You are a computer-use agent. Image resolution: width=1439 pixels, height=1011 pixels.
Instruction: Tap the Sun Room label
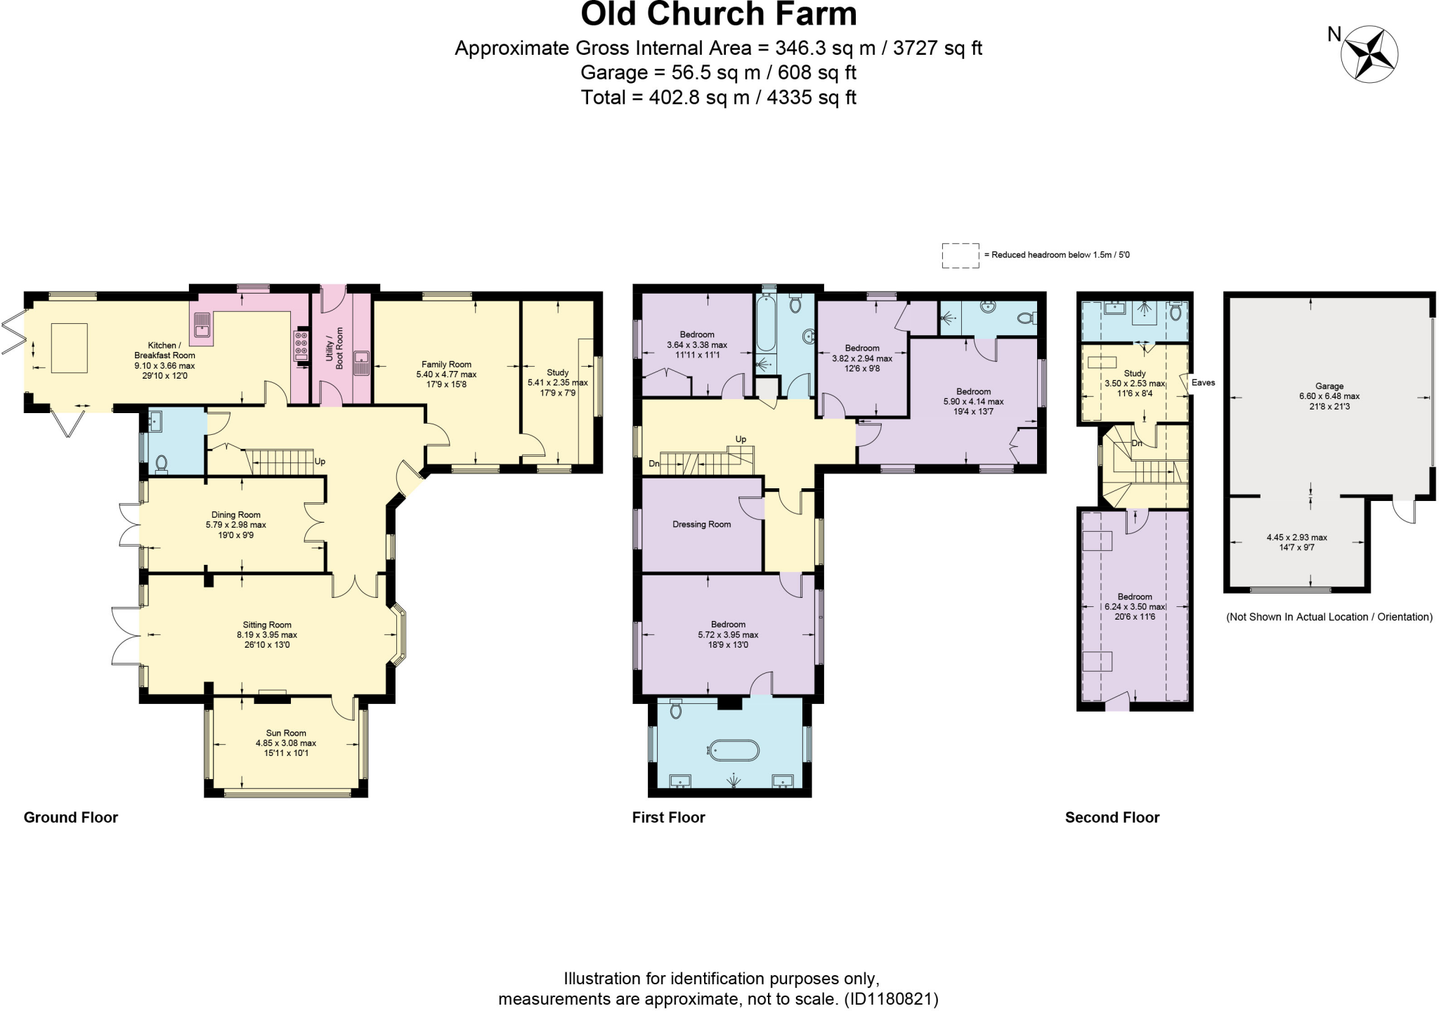point(286,733)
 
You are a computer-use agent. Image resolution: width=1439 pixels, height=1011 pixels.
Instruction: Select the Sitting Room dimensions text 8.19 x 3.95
point(267,635)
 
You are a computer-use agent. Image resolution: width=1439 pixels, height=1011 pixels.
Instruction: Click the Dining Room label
point(236,515)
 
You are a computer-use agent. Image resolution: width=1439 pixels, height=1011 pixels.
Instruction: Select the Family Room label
point(446,365)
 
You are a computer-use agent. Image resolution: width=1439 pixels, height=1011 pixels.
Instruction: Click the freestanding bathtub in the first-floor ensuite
point(734,750)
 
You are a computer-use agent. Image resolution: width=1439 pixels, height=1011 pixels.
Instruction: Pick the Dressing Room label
point(701,525)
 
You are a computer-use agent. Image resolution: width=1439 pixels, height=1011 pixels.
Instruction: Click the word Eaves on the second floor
point(1203,383)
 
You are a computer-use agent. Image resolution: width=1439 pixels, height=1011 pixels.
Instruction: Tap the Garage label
point(1329,386)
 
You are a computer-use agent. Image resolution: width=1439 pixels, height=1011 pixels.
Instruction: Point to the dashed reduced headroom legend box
point(961,256)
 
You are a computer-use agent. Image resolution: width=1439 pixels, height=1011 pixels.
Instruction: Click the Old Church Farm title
point(719,15)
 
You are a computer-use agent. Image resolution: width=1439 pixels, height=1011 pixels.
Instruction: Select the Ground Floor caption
point(71,817)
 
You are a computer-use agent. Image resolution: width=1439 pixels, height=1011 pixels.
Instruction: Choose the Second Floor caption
point(1112,817)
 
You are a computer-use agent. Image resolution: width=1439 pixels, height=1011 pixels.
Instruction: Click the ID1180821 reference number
point(891,999)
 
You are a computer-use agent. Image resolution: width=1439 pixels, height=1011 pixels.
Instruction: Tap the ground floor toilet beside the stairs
point(162,463)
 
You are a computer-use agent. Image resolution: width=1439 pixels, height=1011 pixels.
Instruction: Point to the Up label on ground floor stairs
point(320,462)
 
